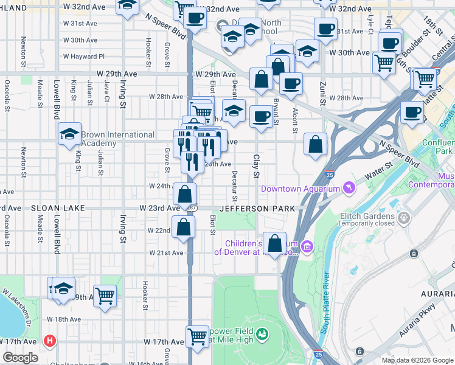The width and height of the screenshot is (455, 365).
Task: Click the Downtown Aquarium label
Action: pyautogui.click(x=300, y=189)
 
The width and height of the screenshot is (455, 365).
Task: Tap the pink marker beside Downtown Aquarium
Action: pyautogui.click(x=349, y=189)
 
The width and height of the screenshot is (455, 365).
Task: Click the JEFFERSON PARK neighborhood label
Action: pyautogui.click(x=257, y=209)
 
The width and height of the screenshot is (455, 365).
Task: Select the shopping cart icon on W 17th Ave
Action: pyautogui.click(x=197, y=335)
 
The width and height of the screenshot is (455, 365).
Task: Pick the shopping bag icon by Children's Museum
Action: pyautogui.click(x=275, y=243)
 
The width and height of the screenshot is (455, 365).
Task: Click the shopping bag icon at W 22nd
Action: pyautogui.click(x=183, y=228)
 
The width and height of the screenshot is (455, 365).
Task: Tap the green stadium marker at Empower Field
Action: pyautogui.click(x=262, y=333)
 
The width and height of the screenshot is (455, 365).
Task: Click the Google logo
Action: pyautogui.click(x=20, y=358)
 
